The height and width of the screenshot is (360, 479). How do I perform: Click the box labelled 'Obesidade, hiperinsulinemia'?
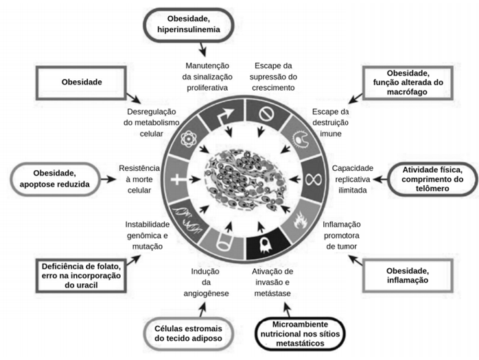[189, 25]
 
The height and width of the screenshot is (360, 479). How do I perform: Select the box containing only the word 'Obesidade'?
[81, 83]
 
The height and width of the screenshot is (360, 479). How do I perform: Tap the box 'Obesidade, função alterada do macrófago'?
[408, 82]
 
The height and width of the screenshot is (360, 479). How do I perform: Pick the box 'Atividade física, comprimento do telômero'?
[432, 179]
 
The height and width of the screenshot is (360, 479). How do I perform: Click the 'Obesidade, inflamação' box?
[408, 276]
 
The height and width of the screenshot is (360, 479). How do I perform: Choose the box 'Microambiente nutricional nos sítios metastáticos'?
[300, 334]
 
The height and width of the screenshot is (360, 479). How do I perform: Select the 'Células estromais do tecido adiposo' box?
[188, 333]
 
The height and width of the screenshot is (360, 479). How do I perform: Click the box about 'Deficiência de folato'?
[81, 276]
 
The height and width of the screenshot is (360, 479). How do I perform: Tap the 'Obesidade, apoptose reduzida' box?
[55, 179]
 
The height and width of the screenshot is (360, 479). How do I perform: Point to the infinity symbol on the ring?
[314, 179]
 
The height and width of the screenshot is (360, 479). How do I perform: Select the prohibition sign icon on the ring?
[266, 115]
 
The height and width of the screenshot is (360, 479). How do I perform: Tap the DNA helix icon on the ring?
[187, 219]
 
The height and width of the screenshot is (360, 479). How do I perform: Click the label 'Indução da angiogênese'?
[206, 283]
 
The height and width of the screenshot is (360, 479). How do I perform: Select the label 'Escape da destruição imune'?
[330, 123]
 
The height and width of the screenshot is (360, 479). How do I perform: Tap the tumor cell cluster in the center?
[246, 180]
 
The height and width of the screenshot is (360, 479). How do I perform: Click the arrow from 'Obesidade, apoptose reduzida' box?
[108, 179]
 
